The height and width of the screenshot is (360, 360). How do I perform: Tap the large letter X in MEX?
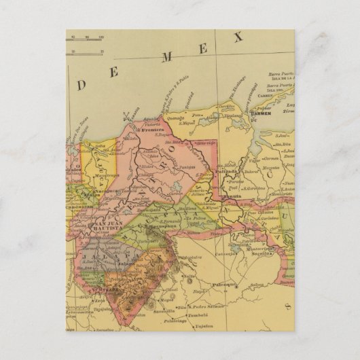pyautogui.click(x=238, y=39)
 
